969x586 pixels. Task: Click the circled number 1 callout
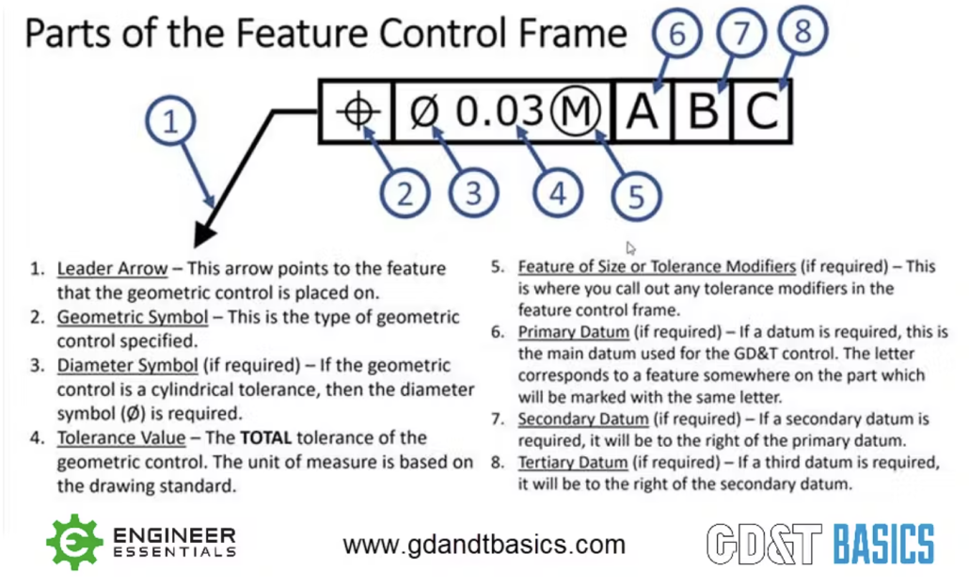pos(170,120)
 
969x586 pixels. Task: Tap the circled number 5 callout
pos(637,197)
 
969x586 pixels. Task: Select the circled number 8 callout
pos(802,30)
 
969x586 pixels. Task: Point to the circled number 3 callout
pos(473,193)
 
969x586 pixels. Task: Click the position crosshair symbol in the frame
pos(357,112)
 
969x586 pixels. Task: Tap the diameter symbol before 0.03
pos(424,112)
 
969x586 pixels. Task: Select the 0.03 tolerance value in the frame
pos(500,111)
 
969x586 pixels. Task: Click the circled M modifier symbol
pos(576,111)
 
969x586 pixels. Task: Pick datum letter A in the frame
pos(643,112)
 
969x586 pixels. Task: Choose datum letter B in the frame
pos(703,112)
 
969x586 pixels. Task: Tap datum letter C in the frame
pos(761,112)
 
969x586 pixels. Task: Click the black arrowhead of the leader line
pos(204,236)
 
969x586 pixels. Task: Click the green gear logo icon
pos(74,542)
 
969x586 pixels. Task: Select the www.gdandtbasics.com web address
pos(484,545)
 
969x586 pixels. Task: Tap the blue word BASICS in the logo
pos(883,545)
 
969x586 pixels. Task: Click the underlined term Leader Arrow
pos(113,269)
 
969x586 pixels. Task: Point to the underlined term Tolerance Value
pos(121,438)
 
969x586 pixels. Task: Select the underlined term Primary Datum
pos(574,332)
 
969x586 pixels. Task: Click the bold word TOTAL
pos(265,438)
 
